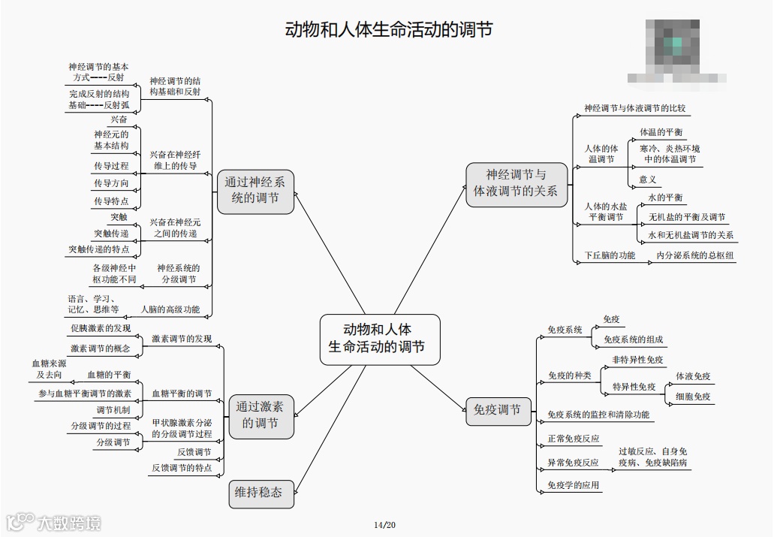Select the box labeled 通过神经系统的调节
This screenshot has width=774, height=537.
tap(255, 191)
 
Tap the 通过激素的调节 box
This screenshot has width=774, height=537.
tap(260, 415)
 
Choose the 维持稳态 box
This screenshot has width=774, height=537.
tap(259, 493)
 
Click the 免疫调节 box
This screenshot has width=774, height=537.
tap(498, 409)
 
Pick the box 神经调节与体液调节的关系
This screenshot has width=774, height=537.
tap(516, 183)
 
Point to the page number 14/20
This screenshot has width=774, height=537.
tap(384, 524)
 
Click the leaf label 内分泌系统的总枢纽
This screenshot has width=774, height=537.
tap(696, 255)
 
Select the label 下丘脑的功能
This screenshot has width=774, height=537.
tap(610, 255)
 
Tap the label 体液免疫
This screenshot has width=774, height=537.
tap(693, 376)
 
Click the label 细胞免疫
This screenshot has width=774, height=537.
tap(693, 397)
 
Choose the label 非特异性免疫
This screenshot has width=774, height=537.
tap(638, 360)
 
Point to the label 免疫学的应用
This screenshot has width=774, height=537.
tap(574, 485)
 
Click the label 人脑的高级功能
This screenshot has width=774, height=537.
tap(170, 309)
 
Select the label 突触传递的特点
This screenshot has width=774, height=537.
tap(98, 249)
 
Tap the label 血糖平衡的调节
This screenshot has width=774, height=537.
tap(182, 394)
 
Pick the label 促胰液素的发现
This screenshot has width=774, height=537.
tap(101, 328)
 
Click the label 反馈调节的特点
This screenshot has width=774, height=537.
tap(182, 468)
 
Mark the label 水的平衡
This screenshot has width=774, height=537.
tap(665, 198)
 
